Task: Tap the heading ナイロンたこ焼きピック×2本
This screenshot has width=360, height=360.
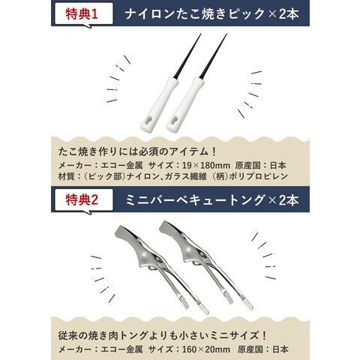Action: tap(211, 13)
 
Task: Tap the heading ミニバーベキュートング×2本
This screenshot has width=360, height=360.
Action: tap(211, 200)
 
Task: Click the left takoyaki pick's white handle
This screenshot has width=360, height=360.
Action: tap(159, 104)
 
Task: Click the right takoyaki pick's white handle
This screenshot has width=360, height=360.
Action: tap(185, 104)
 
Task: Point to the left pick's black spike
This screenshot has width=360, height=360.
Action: tap(187, 55)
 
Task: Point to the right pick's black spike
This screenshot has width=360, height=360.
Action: tap(213, 55)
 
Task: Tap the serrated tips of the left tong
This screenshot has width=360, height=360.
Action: tap(195, 306)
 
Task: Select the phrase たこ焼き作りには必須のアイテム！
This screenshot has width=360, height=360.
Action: tap(137, 151)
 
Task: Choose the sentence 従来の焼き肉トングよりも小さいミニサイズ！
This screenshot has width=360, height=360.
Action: tap(163, 335)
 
